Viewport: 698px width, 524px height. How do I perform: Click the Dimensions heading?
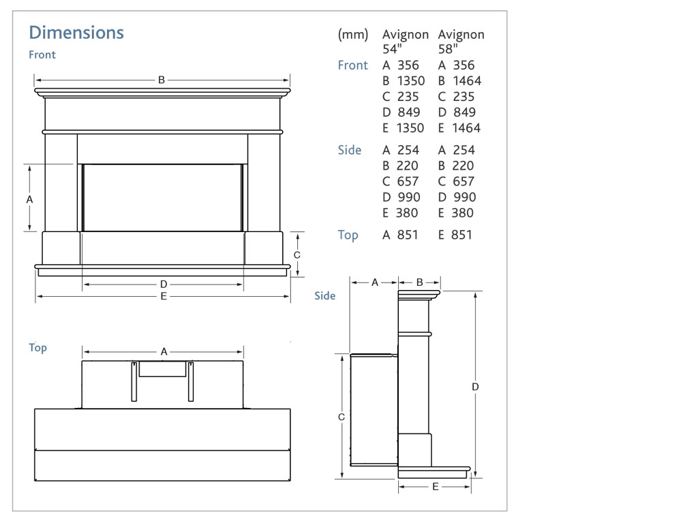point(76,33)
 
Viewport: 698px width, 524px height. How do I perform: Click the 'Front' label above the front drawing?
point(42,55)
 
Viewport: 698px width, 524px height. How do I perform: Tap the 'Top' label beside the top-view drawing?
point(38,348)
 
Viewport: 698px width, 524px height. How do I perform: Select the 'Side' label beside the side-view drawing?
point(324,296)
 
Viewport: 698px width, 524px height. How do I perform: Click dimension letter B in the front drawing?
point(162,80)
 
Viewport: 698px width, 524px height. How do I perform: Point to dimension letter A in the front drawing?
point(29,199)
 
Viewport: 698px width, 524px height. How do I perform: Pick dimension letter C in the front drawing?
point(297,254)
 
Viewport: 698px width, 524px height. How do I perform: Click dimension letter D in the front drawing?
point(164,284)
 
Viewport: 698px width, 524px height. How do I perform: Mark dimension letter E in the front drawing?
point(164,297)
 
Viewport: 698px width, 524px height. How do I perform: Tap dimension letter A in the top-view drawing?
point(164,352)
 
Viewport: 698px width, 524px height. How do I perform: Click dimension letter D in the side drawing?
point(475,387)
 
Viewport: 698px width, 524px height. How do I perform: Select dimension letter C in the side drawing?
point(342,416)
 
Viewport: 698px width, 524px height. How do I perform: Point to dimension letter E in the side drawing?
point(436,486)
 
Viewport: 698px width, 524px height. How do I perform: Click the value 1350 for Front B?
point(410,81)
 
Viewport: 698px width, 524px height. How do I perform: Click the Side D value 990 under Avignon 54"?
point(408,197)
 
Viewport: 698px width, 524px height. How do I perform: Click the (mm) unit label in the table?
point(353,35)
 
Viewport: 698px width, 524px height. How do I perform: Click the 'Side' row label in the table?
point(350,150)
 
